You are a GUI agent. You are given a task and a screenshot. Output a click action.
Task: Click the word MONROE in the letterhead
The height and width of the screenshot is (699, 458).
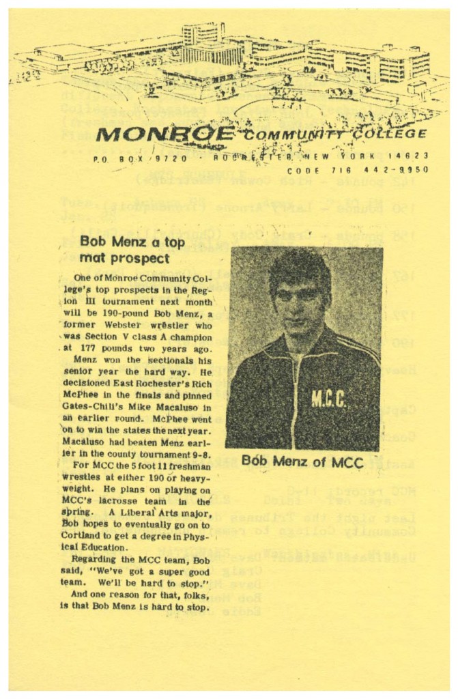(x=166, y=133)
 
